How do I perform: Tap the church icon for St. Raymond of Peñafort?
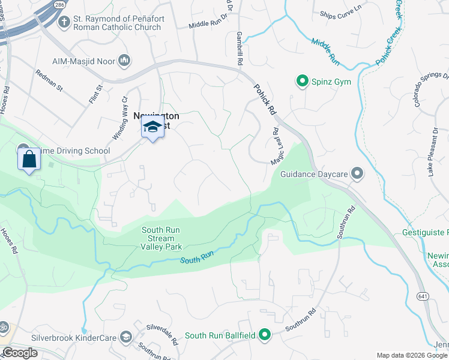tap(64, 22)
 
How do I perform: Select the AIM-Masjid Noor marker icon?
tap(125, 60)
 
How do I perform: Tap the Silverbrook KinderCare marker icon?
tap(125, 338)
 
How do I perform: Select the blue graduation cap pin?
tap(152, 127)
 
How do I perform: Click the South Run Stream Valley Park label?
tap(161, 238)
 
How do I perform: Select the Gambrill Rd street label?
tap(239, 49)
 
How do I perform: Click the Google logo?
tap(20, 353)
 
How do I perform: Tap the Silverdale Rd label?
tap(163, 333)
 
